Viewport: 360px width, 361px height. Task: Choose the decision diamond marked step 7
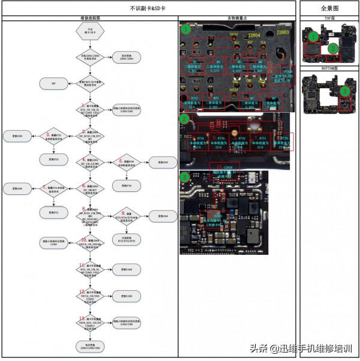point(53,189)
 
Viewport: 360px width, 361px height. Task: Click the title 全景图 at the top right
point(329,8)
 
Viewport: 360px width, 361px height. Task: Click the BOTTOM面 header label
point(329,70)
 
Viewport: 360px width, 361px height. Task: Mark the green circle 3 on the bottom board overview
point(344,91)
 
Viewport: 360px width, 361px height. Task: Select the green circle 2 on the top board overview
point(332,48)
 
